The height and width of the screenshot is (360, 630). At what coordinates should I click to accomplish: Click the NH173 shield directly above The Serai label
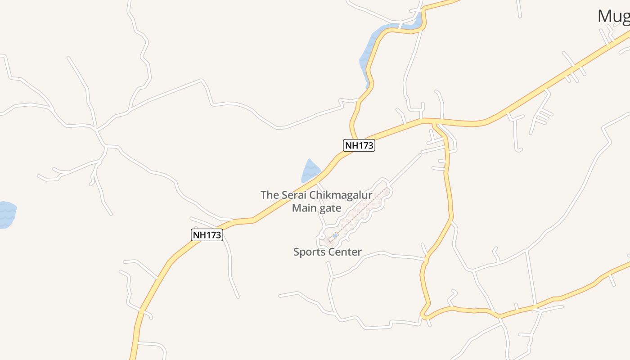click(359, 145)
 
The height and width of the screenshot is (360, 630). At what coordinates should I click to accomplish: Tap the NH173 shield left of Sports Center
click(207, 235)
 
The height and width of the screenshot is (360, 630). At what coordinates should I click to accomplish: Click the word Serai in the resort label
click(295, 195)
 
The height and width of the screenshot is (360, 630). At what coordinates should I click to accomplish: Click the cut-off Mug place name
click(613, 17)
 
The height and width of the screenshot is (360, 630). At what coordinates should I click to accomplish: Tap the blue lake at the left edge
click(6, 215)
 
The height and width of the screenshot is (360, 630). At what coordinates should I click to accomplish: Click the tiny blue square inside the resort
click(335, 235)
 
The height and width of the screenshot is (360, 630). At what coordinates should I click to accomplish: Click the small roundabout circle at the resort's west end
click(323, 236)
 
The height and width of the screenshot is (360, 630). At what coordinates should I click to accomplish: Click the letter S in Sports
click(297, 252)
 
